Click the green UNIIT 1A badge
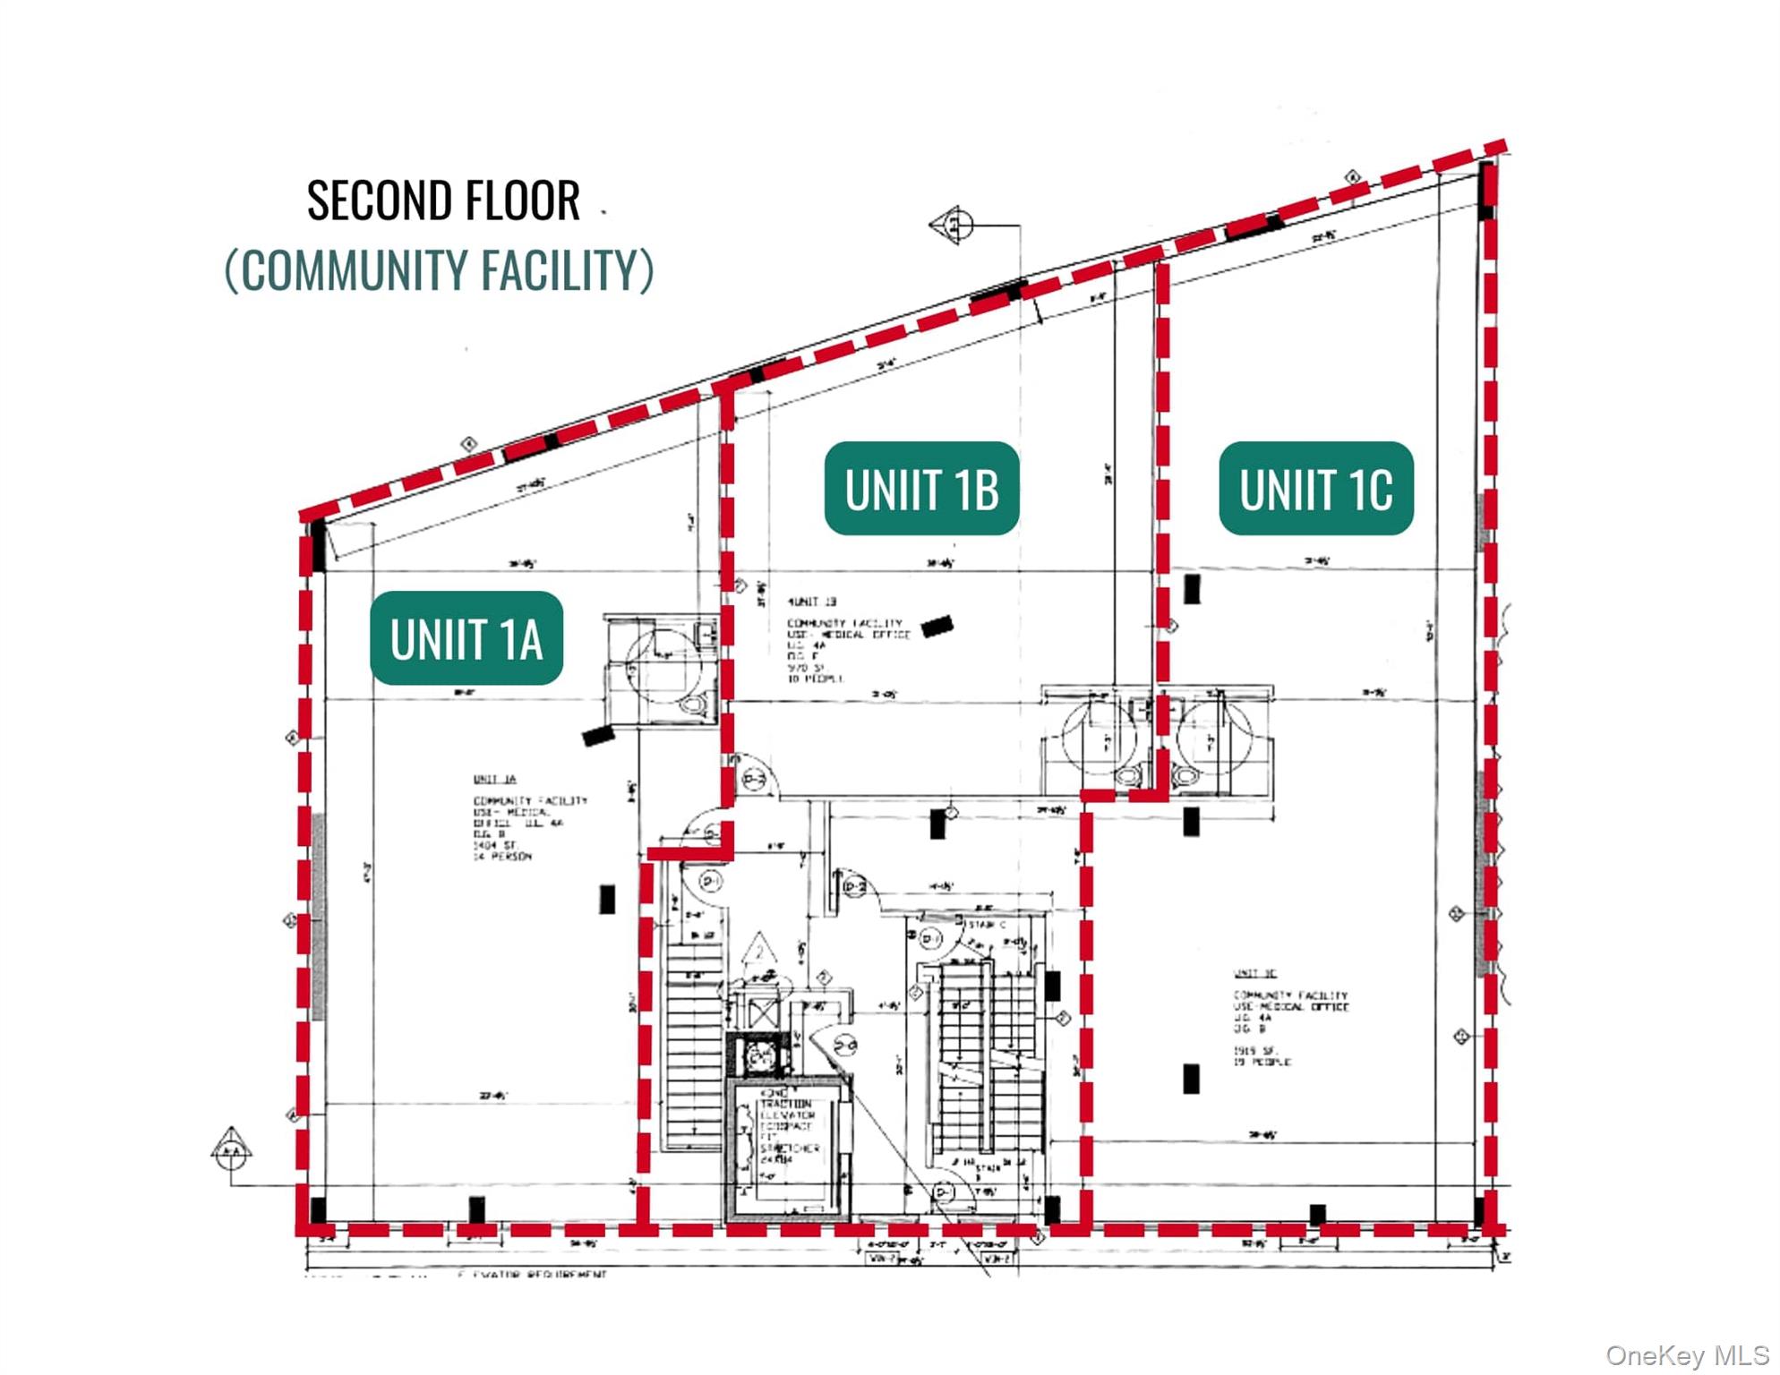coord(466,638)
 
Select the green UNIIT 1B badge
coord(921,489)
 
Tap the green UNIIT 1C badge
coord(1315,489)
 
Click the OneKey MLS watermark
coord(1686,1356)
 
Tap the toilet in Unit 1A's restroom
coord(692,705)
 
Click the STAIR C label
coord(988,924)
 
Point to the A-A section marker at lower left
coord(231,1151)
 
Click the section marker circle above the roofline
coord(956,224)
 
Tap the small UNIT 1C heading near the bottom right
coord(1255,973)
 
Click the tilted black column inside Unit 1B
coord(937,626)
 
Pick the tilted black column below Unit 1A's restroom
coord(598,736)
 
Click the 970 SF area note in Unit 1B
coord(806,668)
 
